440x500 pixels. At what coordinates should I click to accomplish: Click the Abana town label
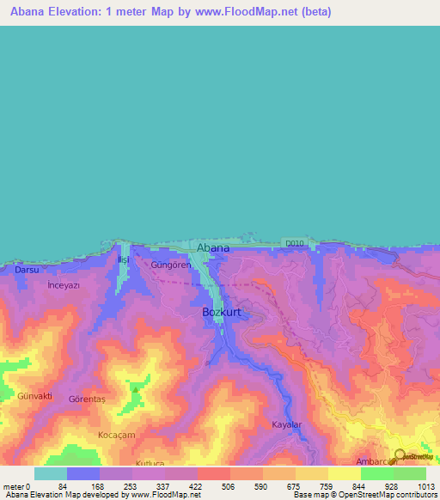tap(213, 248)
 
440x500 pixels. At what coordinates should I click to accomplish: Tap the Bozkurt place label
tap(221, 313)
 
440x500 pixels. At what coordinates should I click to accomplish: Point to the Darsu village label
tap(27, 270)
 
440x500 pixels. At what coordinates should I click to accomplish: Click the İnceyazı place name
tap(64, 284)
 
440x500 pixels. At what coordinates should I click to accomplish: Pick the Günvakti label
tap(35, 396)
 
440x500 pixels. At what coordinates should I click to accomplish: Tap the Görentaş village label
tap(88, 399)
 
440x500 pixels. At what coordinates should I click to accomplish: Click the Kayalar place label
tap(289, 425)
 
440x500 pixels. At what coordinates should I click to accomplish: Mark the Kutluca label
tap(125, 462)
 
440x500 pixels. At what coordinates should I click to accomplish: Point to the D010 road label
tap(295, 244)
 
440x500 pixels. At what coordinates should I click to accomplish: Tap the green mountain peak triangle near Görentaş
tap(135, 388)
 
